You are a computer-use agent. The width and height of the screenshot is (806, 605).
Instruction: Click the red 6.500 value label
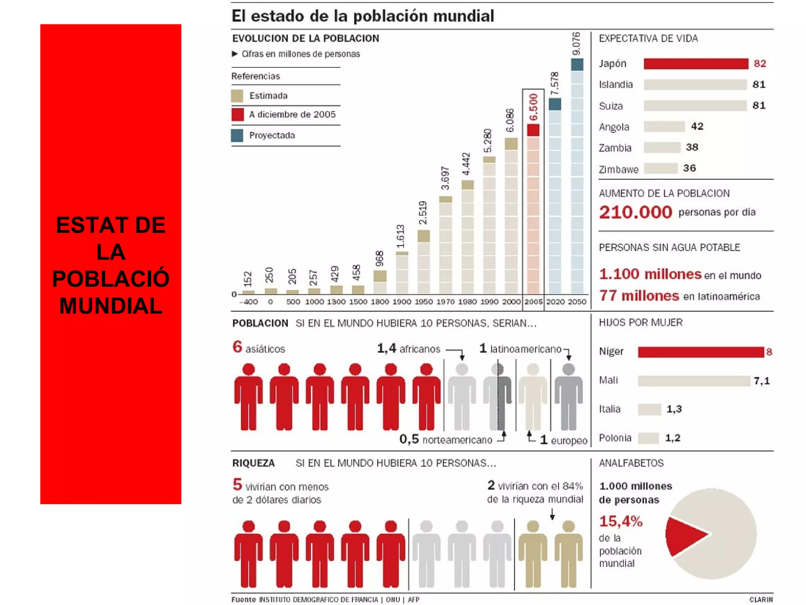(x=533, y=107)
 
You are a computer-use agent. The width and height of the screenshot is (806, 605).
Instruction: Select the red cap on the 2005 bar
(x=533, y=130)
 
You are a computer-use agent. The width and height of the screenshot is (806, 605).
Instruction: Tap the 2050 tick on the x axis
(x=577, y=302)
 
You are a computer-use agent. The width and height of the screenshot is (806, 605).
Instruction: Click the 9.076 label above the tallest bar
(x=576, y=43)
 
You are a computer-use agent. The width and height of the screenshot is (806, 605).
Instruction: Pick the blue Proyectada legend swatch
(x=237, y=135)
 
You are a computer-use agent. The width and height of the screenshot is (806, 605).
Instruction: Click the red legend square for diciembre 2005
(x=237, y=115)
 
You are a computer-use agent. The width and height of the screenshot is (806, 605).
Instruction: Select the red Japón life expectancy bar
(x=695, y=64)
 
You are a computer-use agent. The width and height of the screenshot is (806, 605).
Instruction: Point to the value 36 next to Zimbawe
(x=689, y=168)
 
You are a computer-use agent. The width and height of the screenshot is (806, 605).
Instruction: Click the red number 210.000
(x=635, y=212)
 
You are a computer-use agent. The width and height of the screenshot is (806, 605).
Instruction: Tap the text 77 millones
(x=639, y=295)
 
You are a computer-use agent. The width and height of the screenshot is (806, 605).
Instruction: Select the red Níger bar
(x=701, y=352)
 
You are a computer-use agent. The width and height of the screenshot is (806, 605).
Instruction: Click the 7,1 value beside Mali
(x=761, y=381)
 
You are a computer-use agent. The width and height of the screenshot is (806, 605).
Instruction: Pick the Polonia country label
(x=615, y=438)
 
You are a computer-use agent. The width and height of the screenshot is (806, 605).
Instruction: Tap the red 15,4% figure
(x=621, y=521)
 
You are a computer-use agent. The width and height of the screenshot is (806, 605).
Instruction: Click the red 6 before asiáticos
(x=237, y=347)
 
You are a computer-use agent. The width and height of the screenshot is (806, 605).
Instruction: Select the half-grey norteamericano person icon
(x=497, y=396)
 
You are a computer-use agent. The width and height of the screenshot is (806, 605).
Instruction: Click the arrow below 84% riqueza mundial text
(x=552, y=514)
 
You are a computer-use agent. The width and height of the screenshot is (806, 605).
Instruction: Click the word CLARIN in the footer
(x=761, y=599)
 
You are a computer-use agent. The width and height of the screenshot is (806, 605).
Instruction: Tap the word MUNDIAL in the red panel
(x=111, y=306)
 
